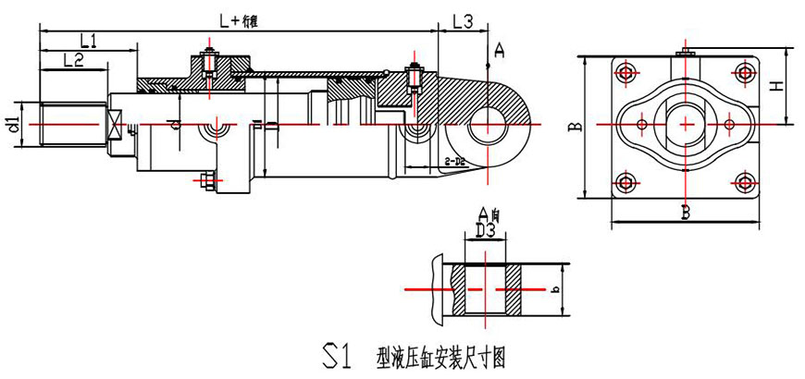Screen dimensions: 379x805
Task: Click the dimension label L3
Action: [x=464, y=21]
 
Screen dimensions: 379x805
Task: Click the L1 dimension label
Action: [x=90, y=40]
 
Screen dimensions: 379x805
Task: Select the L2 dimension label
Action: [x=74, y=60]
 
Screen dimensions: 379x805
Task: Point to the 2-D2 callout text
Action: [x=454, y=162]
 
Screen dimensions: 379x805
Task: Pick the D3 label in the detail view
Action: [x=486, y=228]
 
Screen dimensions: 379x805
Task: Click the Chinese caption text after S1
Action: [x=442, y=356]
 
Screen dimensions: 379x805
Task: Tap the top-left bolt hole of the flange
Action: [x=627, y=72]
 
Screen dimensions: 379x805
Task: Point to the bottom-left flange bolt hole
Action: [x=627, y=179]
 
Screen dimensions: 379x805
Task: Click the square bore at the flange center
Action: [x=686, y=124]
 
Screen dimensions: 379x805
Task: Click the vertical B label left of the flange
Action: [x=576, y=124]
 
